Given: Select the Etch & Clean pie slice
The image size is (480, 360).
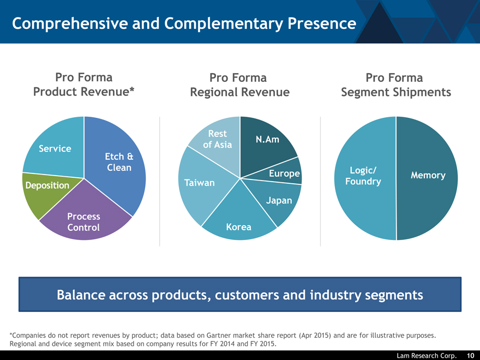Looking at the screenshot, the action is [x=118, y=162].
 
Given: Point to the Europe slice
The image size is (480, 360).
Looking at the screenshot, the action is [x=283, y=173].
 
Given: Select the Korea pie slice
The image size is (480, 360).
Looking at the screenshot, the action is [x=239, y=222].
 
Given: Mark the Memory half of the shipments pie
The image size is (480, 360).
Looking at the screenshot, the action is [x=427, y=178].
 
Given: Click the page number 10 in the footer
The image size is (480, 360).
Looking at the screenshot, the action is [x=471, y=356].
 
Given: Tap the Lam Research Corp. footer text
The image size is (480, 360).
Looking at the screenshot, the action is [x=427, y=356].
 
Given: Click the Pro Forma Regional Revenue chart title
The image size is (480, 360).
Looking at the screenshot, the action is [x=239, y=85].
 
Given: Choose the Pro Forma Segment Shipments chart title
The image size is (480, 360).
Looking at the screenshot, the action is [x=396, y=85].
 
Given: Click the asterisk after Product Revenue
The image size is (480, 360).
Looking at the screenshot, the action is [x=132, y=89].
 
